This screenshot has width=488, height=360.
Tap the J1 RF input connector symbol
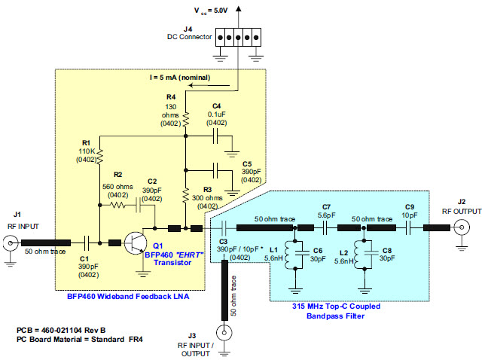click(11, 243)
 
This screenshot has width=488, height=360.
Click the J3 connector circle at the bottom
click(224, 332)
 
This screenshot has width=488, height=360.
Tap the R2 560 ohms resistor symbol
click(118, 204)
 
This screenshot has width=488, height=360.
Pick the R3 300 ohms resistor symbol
click(185, 197)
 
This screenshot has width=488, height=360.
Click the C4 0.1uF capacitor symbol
click(216, 136)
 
